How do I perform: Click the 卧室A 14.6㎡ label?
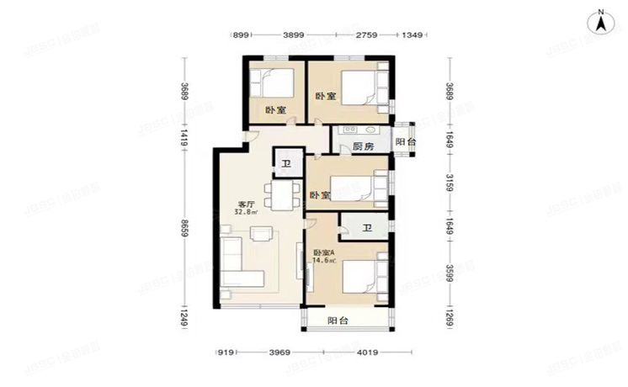point(325,257)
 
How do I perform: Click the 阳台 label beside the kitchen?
point(405,142)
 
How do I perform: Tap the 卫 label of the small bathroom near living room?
point(286,163)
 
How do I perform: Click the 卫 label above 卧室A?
point(367,228)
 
